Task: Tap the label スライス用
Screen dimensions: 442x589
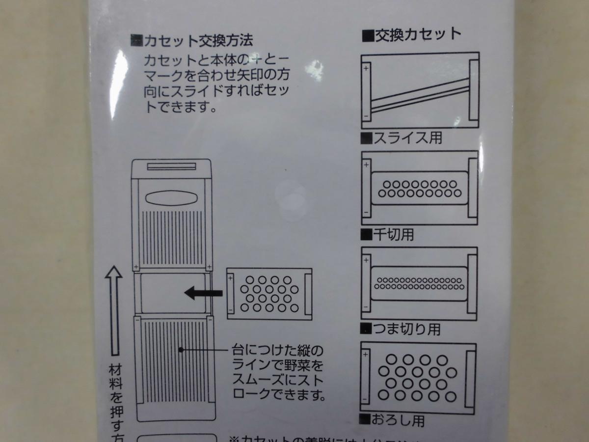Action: coord(407,138)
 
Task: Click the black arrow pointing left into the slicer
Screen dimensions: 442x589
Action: coord(203,294)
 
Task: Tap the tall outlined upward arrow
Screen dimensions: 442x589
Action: coord(114,309)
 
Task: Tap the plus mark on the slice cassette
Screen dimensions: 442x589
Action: coord(366,69)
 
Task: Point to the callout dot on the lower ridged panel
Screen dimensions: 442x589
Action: coord(181,350)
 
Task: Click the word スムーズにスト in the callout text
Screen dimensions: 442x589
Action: coord(277,380)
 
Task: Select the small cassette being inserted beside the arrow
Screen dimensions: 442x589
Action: coord(269,294)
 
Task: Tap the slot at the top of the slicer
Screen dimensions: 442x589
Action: coord(171,166)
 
